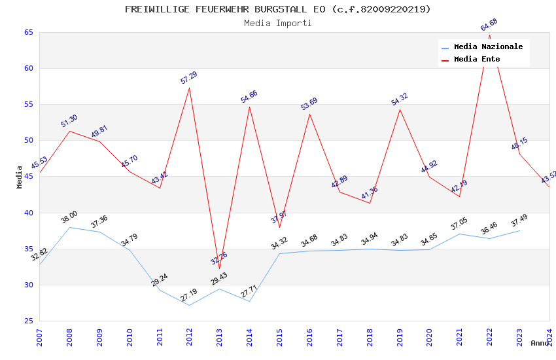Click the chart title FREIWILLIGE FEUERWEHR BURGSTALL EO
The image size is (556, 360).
click(x=278, y=9)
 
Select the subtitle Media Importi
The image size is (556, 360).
click(x=278, y=23)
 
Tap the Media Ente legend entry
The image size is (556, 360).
click(x=477, y=60)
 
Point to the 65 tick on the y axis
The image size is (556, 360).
click(x=27, y=33)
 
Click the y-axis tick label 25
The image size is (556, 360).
click(x=27, y=321)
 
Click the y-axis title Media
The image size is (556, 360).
click(x=20, y=177)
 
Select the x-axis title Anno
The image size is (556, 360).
click(x=540, y=343)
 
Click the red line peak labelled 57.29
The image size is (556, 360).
click(x=190, y=88)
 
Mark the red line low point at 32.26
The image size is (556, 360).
click(x=220, y=268)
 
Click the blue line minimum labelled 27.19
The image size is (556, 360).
click(x=190, y=305)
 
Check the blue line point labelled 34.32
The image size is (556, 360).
click(x=280, y=253)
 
